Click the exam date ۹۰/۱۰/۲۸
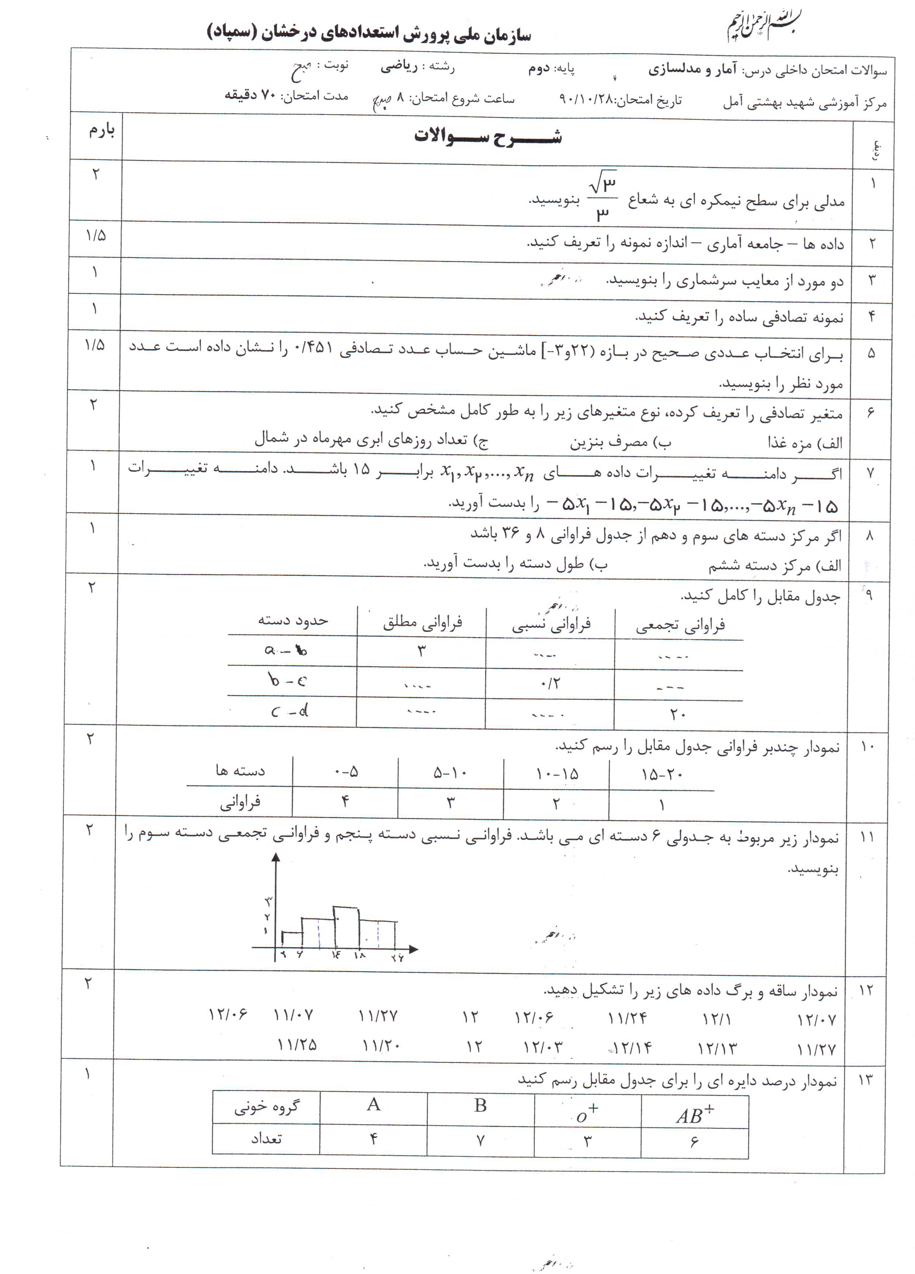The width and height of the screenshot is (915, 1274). point(585,100)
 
